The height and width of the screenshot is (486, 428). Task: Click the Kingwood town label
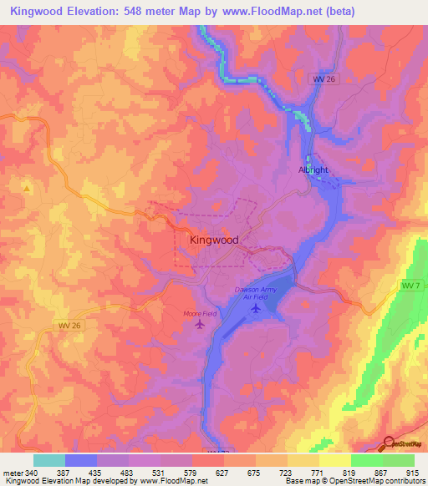(x=214, y=240)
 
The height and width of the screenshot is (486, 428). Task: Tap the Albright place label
(x=313, y=170)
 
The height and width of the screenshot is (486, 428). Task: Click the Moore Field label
(x=199, y=313)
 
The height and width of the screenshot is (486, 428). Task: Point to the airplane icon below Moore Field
(x=199, y=324)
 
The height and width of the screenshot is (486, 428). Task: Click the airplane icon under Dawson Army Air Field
(x=256, y=309)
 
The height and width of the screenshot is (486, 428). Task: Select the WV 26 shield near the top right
(x=322, y=78)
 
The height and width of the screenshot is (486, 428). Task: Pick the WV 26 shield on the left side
(x=71, y=326)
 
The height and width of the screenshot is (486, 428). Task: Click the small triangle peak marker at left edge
(x=27, y=189)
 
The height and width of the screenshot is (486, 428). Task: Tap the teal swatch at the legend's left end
(x=48, y=460)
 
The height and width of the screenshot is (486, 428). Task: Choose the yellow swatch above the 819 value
(x=335, y=460)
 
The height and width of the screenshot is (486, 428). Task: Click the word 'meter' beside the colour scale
(x=12, y=473)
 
